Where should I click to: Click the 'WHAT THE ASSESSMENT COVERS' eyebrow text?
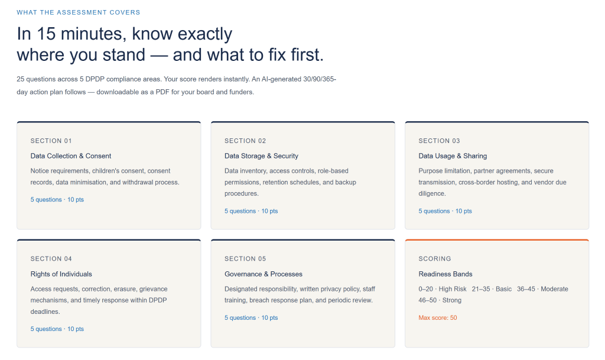click(79, 12)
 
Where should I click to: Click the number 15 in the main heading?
click(46, 34)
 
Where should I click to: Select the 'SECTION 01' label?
click(51, 141)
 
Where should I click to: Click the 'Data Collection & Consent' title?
click(71, 156)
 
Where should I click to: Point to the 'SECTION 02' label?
click(245, 141)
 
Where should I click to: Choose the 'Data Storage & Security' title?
click(261, 156)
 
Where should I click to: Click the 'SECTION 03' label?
click(439, 141)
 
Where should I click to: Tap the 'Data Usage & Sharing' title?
click(453, 156)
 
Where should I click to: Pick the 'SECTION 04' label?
click(51, 258)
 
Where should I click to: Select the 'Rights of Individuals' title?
click(61, 274)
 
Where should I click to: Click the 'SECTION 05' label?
click(245, 258)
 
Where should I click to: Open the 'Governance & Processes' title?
click(263, 274)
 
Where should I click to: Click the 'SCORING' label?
click(434, 258)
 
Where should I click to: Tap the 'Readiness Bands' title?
click(445, 274)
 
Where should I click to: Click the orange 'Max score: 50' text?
click(438, 317)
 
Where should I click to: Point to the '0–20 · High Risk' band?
click(442, 289)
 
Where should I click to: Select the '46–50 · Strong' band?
click(440, 300)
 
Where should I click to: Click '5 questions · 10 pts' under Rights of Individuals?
click(57, 329)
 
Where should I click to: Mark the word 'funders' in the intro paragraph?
click(242, 92)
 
